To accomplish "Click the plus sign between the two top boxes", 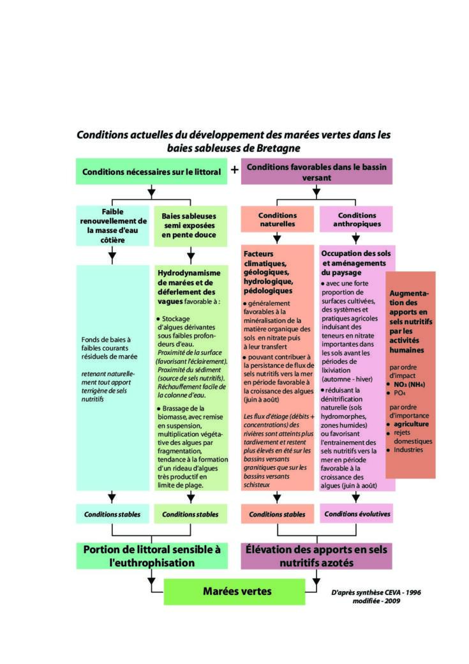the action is [235, 170].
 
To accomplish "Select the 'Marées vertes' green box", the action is [235, 592].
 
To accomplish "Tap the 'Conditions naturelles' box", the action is [277, 220].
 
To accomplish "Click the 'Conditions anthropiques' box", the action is [357, 220].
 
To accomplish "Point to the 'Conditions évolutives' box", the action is [357, 514].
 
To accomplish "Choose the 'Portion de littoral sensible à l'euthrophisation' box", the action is [151, 556].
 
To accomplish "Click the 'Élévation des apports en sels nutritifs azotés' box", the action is [316, 556].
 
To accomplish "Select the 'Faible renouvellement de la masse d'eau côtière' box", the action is [112, 226].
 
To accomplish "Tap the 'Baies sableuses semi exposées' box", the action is [190, 226].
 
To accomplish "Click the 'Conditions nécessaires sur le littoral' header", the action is [151, 172].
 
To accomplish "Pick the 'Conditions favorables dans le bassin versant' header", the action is [316, 172].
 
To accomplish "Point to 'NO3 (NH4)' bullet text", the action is [409, 384].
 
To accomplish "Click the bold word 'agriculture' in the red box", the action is [411, 424].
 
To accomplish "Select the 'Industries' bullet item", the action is [408, 449].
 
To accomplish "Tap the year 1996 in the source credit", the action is [413, 592].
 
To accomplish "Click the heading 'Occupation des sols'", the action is [356, 253].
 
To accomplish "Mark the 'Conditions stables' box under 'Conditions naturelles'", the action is [277, 514].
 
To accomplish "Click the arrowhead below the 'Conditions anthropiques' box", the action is [356, 239].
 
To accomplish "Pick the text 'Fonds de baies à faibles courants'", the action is [106, 344].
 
